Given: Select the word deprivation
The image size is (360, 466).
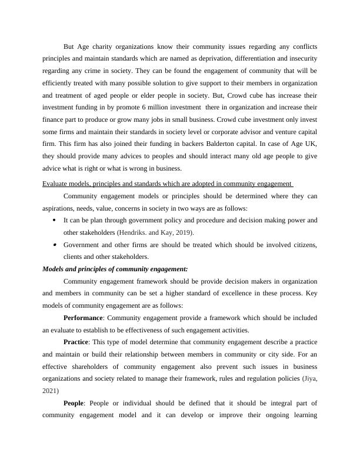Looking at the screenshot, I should (202, 59).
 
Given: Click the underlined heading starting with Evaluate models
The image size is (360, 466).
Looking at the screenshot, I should (168, 184).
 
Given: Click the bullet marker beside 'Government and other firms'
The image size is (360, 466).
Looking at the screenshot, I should (54, 244).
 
